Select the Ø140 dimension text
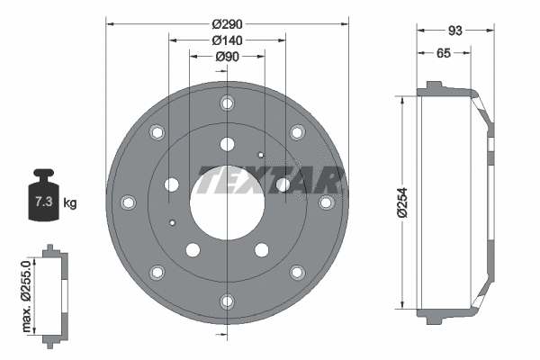226,40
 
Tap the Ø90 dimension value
226,58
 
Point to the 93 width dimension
454,31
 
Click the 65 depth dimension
443,54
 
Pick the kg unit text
70,202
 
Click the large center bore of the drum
227,202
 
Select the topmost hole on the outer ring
227,104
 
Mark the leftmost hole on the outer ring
128,202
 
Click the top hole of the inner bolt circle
227,144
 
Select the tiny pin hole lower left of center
171,221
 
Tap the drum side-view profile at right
454,202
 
